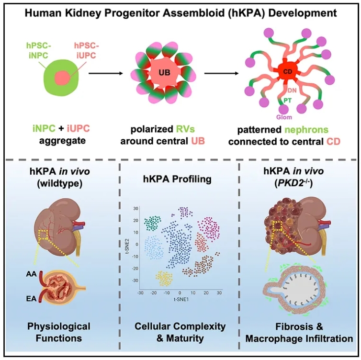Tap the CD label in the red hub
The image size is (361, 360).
[286, 73]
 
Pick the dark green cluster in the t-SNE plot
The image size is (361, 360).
[154, 223]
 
